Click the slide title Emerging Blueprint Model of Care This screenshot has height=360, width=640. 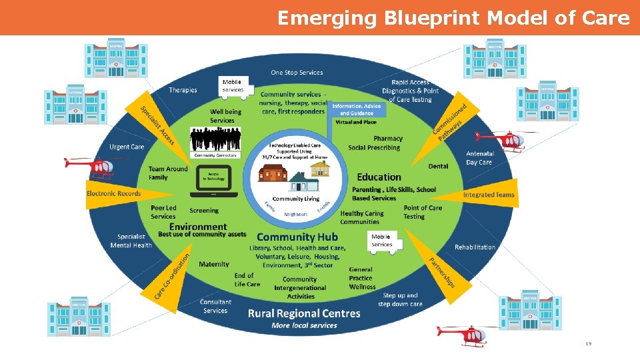click(453, 18)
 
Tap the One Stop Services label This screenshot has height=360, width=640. click(297, 73)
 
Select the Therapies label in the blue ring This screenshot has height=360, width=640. click(183, 90)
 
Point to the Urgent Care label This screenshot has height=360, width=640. click(127, 147)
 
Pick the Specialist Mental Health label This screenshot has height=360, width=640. click(135, 241)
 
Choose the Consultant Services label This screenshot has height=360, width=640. click(215, 306)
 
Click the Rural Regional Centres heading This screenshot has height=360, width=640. click(304, 313)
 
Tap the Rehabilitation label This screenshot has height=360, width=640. click(475, 247)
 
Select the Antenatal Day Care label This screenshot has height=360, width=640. click(479, 158)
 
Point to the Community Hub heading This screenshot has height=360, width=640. click(297, 237)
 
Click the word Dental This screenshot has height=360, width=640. click(438, 166)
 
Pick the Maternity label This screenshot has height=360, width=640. click(214, 264)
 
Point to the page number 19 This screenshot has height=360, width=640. click(588, 343)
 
